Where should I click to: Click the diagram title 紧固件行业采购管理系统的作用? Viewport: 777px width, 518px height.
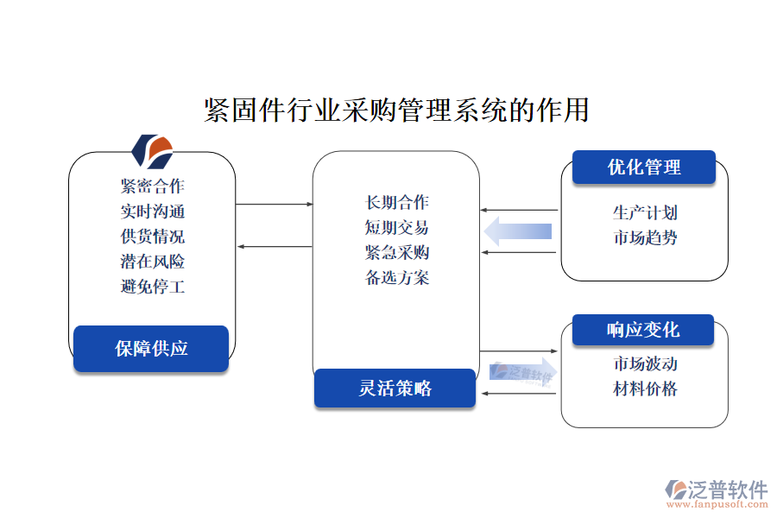pos(396,111)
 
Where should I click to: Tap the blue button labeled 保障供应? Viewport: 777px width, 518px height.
pos(151,349)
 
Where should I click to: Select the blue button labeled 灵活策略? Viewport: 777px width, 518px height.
pos(395,388)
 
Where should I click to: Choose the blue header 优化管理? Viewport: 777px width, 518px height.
pos(644,167)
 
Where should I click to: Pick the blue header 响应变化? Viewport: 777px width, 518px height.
pos(643,330)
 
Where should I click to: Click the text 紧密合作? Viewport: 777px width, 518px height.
pos(153,186)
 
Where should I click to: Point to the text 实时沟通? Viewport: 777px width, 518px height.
pos(153,211)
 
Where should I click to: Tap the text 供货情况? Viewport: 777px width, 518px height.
pos(153,236)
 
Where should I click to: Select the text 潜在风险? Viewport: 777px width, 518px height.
pos(153,261)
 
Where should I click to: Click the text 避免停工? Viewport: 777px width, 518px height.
pos(153,287)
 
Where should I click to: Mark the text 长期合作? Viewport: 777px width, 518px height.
pos(397,203)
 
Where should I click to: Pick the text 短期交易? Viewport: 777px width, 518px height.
pos(397,228)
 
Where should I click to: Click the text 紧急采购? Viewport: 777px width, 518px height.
pos(397,253)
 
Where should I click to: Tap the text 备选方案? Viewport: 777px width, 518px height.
pos(397,278)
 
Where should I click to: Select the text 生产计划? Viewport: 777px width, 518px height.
pos(644,212)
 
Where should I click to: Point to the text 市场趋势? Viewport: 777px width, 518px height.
pos(644,237)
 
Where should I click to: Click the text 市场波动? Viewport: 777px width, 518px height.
pos(644,363)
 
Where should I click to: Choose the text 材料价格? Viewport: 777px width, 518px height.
pos(644,388)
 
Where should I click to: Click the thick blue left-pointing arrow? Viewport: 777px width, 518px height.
pos(518,231)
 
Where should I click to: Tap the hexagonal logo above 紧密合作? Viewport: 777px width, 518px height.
pos(152,150)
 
